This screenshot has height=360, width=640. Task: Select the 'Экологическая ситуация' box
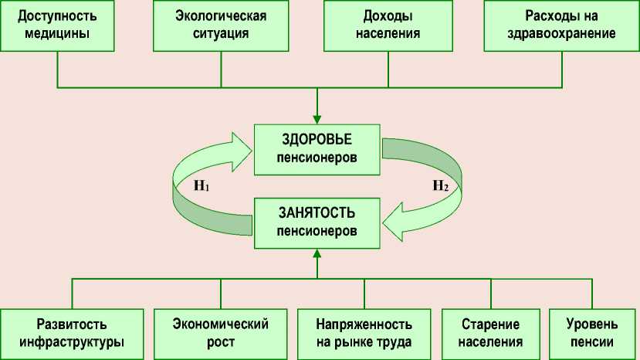pos(221,25)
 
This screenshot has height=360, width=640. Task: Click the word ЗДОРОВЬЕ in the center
pos(317,140)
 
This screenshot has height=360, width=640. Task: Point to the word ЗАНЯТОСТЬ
pos(317,211)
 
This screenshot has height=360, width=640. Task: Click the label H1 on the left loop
pos(202,186)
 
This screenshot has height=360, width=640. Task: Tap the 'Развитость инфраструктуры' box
pos(71,333)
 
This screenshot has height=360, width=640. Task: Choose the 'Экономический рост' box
pos(221,333)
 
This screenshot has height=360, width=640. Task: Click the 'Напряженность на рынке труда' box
pos(364,333)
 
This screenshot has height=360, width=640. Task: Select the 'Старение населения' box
pos(490,333)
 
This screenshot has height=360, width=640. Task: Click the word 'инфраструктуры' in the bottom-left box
pos(71,342)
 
